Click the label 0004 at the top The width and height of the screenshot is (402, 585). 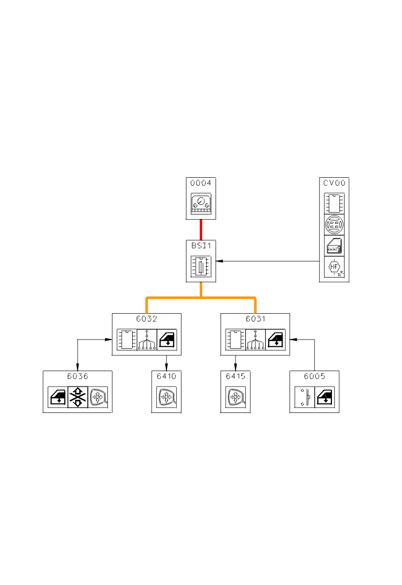[201, 184]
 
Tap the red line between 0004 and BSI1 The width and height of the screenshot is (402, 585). [201, 229]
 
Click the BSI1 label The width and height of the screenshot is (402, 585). [201, 245]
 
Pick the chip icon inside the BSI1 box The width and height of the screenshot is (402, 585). [201, 267]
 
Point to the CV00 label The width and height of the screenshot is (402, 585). [334, 184]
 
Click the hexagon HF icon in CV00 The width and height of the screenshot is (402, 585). [334, 268]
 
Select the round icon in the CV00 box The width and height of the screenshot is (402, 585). [334, 224]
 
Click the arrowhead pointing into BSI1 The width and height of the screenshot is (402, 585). [219, 261]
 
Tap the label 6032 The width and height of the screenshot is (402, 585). [146, 319]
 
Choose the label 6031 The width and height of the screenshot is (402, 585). [256, 319]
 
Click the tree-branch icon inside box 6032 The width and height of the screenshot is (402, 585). [146, 340]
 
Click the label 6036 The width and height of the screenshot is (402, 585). [78, 376]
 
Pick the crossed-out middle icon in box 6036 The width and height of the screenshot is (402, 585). [78, 397]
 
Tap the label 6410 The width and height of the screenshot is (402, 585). [167, 376]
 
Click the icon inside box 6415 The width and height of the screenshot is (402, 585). [235, 397]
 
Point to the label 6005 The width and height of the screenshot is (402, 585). [315, 376]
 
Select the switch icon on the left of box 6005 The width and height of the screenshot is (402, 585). [304, 397]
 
